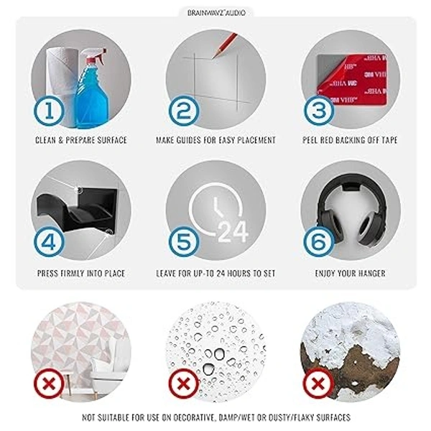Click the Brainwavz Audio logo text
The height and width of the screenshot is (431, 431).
216,13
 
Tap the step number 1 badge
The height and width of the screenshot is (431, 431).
49,111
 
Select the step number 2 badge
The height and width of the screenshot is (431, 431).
184,111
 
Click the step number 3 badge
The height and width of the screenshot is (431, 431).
319,111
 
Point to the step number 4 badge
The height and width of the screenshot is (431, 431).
49,242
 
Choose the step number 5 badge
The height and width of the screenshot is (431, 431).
184,242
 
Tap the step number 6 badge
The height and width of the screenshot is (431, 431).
319,242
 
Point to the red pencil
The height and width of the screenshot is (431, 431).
224,46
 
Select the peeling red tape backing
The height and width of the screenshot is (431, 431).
353,79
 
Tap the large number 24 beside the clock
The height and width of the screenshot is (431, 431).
233,232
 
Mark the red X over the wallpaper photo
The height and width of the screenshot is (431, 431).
49,384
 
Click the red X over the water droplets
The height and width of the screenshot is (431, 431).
184,384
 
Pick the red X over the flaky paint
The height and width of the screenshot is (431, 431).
318,384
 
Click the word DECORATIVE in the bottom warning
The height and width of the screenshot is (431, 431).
190,418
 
